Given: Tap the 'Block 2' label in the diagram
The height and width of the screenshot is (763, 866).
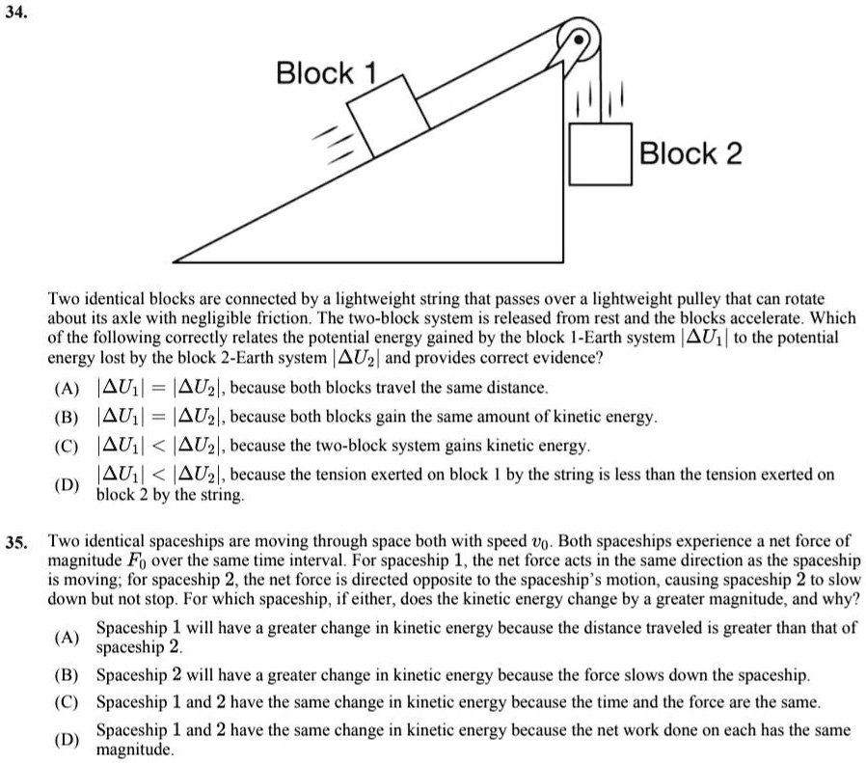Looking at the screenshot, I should tap(691, 152).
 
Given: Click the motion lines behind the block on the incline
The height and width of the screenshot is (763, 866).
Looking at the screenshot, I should tap(331, 140).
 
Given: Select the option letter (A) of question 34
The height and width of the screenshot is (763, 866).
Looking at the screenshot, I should tap(68, 388).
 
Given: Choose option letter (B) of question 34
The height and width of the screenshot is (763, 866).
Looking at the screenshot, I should tap(68, 417).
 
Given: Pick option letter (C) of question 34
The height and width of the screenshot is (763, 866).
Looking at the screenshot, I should tap(68, 446).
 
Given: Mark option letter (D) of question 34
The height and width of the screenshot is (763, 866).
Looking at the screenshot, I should tap(68, 484).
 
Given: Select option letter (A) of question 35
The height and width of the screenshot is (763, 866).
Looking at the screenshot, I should tap(68, 638).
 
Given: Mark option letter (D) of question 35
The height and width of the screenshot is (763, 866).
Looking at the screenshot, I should tap(68, 739).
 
